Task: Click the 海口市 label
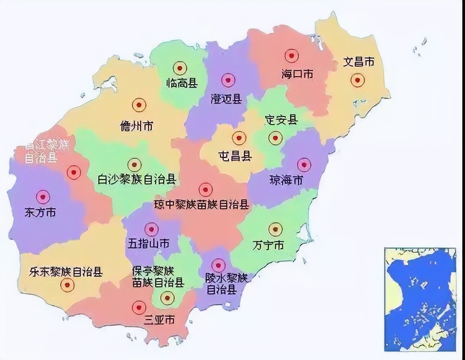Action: point(297,74)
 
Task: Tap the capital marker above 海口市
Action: point(291,55)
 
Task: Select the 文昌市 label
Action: point(359,62)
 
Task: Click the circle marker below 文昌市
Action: point(357,80)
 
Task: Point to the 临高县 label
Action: point(181,83)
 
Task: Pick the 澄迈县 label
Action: point(226,98)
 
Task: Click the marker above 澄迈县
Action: point(228,80)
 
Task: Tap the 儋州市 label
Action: point(136,126)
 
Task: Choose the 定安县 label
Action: point(281,120)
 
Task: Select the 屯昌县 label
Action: point(235,156)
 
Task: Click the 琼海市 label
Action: point(287,180)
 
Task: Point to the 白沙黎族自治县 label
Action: point(137,180)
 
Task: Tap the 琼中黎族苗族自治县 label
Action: point(201,205)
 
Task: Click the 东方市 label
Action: point(40,212)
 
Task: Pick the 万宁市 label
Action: point(268,245)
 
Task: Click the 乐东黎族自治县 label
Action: point(66,271)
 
